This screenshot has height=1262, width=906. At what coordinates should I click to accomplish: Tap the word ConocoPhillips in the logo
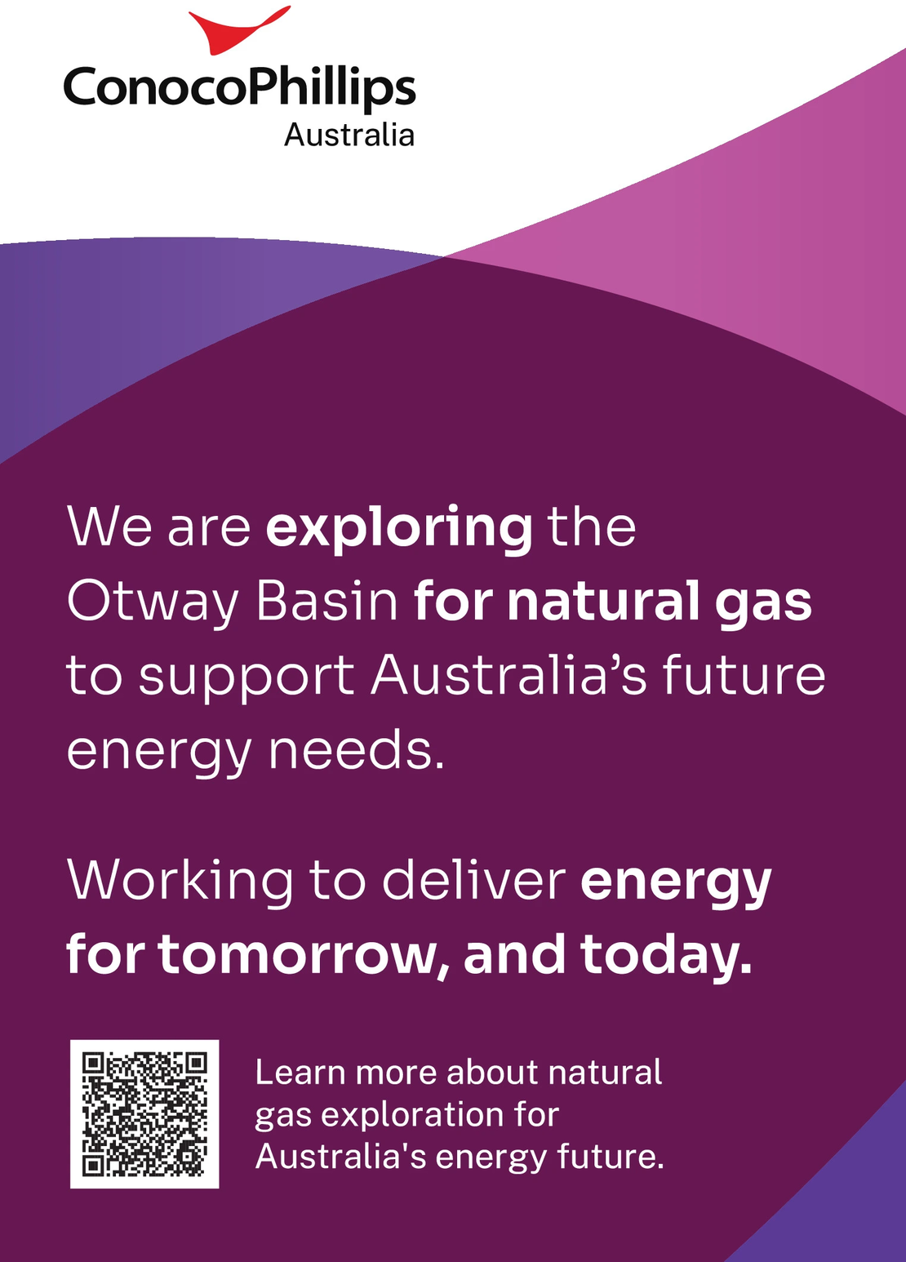point(239,88)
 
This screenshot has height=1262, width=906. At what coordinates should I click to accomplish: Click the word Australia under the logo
point(349,136)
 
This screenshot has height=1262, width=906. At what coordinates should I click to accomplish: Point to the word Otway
point(152,602)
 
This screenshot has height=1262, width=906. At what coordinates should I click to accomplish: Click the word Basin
point(327,602)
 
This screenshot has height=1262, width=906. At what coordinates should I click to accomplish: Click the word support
point(246,678)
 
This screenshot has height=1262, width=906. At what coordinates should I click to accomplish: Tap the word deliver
point(474,879)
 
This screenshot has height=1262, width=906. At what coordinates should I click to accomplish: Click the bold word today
point(667,958)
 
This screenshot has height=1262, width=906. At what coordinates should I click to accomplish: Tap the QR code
point(144,1114)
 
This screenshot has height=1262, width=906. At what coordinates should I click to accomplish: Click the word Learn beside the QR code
point(300,1072)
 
